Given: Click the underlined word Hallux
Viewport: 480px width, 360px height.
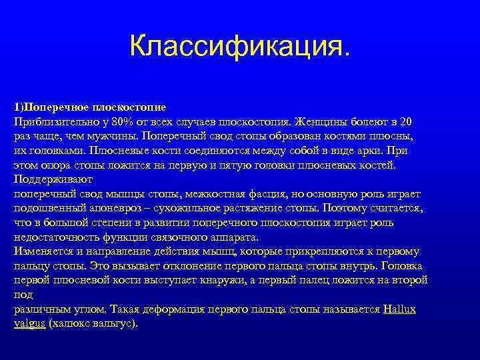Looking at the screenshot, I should (400, 310).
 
